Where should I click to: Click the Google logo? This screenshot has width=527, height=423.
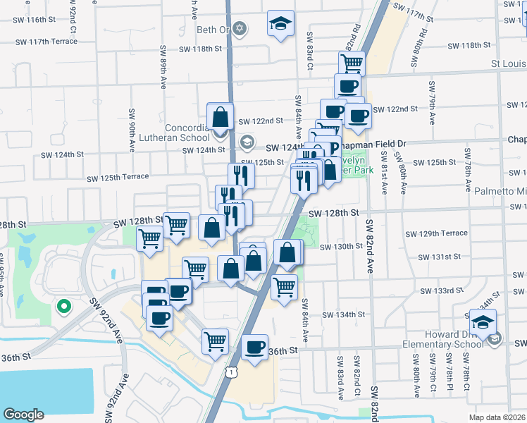(x=24, y=414)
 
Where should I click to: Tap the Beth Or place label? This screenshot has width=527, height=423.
(x=212, y=30)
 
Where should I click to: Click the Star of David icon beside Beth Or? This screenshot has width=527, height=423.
(x=240, y=29)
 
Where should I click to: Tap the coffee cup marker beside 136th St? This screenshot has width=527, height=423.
(x=254, y=348)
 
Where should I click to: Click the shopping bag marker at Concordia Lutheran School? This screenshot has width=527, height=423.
(x=221, y=117)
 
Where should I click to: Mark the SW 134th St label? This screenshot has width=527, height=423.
(x=345, y=316)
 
